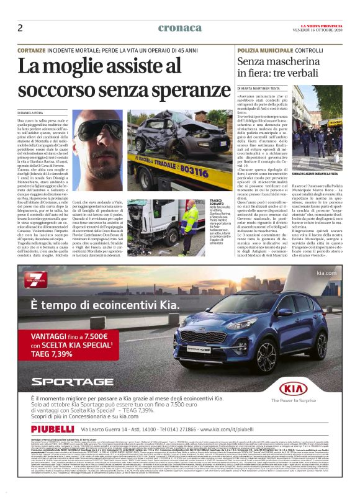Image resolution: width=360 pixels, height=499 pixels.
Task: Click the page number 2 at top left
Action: click(x=20, y=28)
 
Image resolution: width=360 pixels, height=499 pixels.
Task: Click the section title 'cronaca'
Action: click(x=179, y=28)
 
